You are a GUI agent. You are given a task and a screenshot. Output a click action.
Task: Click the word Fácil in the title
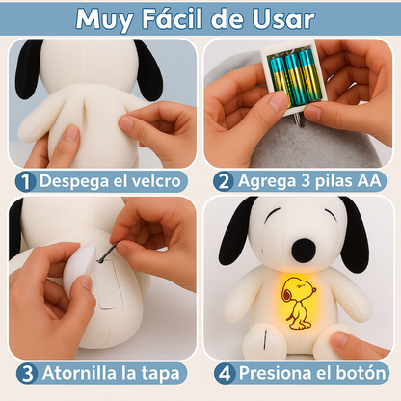tap(173, 19)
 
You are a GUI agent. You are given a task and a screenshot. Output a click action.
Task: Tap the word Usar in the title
tap(283, 19)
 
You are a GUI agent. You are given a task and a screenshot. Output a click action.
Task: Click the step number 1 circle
tap(25, 181)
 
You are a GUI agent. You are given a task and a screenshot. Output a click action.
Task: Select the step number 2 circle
tap(224, 181)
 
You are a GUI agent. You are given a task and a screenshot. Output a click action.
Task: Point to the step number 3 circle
tap(27, 374)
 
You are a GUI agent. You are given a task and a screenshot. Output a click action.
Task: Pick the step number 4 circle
tap(225, 374)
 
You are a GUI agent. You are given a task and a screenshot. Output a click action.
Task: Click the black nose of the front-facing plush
tap(304, 250)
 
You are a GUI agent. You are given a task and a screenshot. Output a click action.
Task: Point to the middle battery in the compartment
tap(295, 80)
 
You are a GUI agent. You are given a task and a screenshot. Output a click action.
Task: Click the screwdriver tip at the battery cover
tap(99, 260)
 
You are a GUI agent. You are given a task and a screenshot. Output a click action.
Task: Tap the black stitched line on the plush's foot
tap(265, 339)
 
